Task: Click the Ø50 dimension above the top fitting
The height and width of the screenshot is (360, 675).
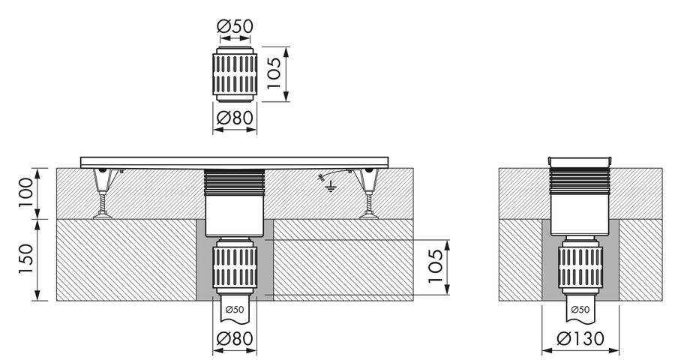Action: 235,26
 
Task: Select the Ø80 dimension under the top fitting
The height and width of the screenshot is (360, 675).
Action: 235,117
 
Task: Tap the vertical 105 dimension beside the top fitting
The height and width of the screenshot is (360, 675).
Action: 274,73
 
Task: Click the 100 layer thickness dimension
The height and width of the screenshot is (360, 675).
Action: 25,193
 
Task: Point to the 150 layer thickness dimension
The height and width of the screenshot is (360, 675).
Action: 25,259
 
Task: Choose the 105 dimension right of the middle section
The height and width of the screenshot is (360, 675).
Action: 435,266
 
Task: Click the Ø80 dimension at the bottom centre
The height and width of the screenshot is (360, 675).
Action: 235,338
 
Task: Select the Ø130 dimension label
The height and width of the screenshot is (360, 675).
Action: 580,338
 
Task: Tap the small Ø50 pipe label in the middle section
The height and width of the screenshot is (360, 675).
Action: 235,309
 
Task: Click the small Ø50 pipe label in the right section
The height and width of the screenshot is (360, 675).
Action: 580,309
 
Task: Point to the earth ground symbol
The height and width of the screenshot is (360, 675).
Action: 331,187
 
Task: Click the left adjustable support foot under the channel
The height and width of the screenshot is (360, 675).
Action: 103,193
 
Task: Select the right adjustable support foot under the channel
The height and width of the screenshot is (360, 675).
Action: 369,193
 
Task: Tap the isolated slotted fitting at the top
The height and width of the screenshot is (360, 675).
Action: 235,74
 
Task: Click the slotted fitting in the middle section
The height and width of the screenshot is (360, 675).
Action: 235,265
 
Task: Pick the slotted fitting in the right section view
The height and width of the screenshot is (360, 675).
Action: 580,265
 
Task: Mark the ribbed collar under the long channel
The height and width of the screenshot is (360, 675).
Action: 235,181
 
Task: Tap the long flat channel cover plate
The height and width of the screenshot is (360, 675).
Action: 235,162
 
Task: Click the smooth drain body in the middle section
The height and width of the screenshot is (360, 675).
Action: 235,216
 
